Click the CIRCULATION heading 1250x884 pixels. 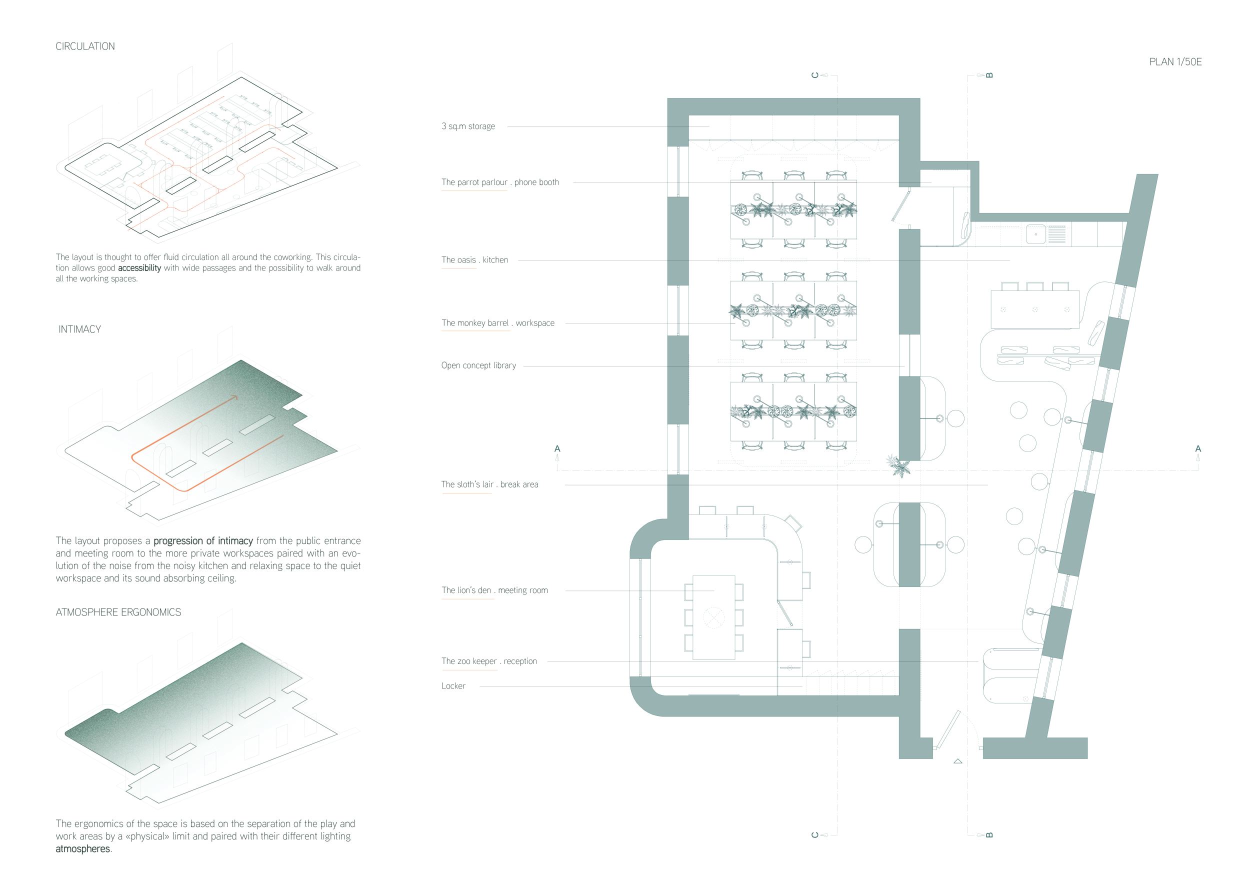pos(85,46)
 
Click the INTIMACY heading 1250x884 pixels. pos(79,329)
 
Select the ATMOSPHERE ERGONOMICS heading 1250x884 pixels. pos(118,612)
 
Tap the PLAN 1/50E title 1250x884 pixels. pos(1175,62)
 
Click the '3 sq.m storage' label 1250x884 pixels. pos(467,126)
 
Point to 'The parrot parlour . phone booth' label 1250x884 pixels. pos(500,182)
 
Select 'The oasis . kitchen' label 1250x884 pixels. pos(474,260)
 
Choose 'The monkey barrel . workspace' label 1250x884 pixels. pos(497,323)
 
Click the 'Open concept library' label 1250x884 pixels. pos(478,366)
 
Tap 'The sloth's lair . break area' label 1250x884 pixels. pos(489,484)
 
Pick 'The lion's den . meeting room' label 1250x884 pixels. pos(494,590)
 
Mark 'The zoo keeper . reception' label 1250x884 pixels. pos(489,661)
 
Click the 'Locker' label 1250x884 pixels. pos(453,686)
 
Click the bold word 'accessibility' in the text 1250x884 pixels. pos(139,268)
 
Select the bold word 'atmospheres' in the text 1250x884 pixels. pos(83,849)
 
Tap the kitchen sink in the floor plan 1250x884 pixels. pos(1035,234)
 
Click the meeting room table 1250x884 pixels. pos(713,617)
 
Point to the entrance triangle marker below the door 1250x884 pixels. pos(957,761)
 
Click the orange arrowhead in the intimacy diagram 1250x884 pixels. pos(234,397)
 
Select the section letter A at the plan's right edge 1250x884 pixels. pos(1197,449)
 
